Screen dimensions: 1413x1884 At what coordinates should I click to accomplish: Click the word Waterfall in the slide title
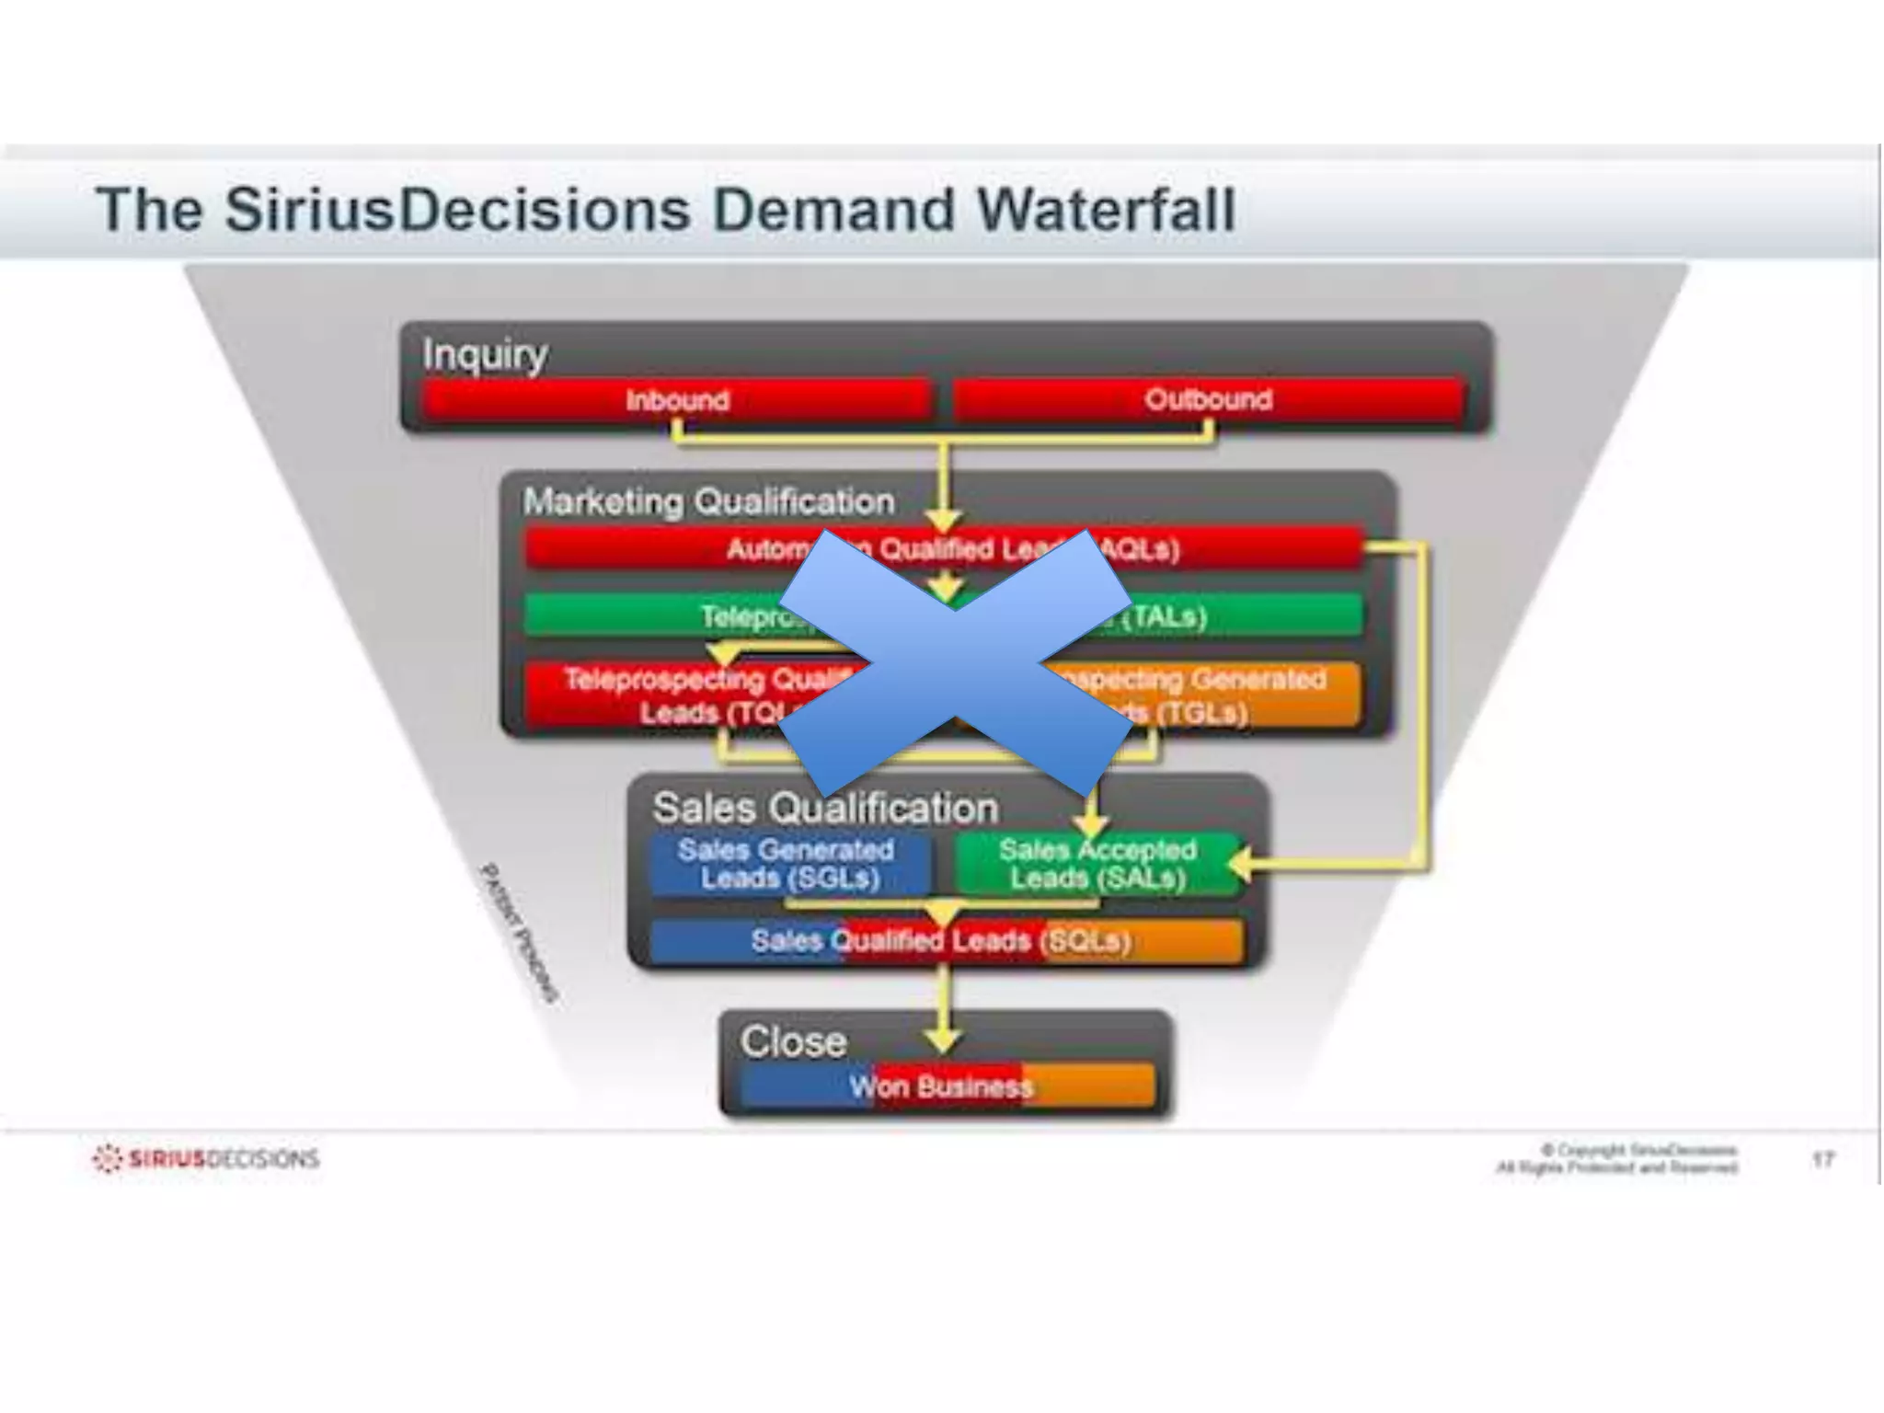[1105, 210]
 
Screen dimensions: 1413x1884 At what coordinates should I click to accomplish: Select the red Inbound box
[677, 400]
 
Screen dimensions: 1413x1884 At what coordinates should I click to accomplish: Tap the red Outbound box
[1208, 400]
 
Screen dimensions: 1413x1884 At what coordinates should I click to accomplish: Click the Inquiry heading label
[485, 354]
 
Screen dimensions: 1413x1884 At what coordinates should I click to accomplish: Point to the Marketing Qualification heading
[708, 501]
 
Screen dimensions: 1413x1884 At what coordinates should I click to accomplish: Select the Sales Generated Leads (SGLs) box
[788, 864]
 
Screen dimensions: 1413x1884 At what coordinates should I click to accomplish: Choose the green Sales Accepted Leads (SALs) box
[1097, 864]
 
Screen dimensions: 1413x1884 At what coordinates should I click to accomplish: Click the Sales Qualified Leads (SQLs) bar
[942, 941]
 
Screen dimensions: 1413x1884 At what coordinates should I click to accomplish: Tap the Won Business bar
[942, 1086]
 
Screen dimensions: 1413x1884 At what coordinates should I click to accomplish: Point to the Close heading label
[793, 1042]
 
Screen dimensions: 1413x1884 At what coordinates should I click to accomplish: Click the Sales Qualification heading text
[825, 808]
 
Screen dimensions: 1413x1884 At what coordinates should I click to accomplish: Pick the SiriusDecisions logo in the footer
[207, 1158]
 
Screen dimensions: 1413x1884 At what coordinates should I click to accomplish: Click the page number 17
[1823, 1159]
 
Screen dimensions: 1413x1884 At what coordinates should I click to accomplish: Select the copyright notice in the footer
[1616, 1159]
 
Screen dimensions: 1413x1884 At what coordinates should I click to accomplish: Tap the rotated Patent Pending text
[520, 932]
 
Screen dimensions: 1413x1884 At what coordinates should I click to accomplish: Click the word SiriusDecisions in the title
[457, 210]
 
